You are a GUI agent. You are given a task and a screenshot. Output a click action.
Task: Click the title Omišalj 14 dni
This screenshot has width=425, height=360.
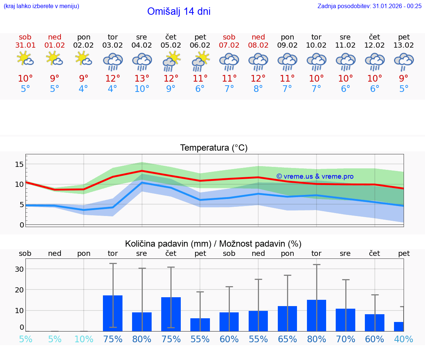[x=179, y=11]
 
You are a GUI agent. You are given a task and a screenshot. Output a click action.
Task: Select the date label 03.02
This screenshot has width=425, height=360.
[x=113, y=45]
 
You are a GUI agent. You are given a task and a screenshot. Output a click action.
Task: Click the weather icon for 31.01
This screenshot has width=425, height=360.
[x=25, y=59]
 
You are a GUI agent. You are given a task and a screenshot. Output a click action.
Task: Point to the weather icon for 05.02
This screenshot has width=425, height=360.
[x=171, y=61]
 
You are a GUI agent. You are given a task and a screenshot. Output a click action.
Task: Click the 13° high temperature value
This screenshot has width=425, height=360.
[x=142, y=79]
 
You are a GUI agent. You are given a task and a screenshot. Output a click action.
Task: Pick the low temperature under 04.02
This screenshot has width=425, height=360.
[x=142, y=89]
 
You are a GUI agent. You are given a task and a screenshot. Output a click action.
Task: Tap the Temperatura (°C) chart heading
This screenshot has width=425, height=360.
[x=214, y=148]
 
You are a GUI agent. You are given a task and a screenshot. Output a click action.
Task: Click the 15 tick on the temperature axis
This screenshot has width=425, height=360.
[x=19, y=164]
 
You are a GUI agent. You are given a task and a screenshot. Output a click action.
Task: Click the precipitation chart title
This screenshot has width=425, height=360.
[x=213, y=244]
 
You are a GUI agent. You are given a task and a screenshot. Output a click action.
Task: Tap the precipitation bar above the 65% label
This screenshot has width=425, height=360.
[x=287, y=319]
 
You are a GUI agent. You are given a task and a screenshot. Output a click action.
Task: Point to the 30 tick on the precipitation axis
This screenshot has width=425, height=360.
[x=19, y=269]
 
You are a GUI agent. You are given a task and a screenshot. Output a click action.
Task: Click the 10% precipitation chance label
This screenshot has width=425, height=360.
[x=84, y=339]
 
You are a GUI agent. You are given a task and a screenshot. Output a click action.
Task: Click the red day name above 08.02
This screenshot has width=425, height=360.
[x=258, y=37]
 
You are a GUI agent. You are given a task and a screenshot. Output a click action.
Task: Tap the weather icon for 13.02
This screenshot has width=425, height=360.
[x=404, y=61]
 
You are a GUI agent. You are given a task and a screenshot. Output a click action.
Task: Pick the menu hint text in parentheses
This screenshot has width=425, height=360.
[x=41, y=6]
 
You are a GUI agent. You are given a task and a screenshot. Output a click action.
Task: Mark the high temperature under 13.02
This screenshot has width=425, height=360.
[x=404, y=79]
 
